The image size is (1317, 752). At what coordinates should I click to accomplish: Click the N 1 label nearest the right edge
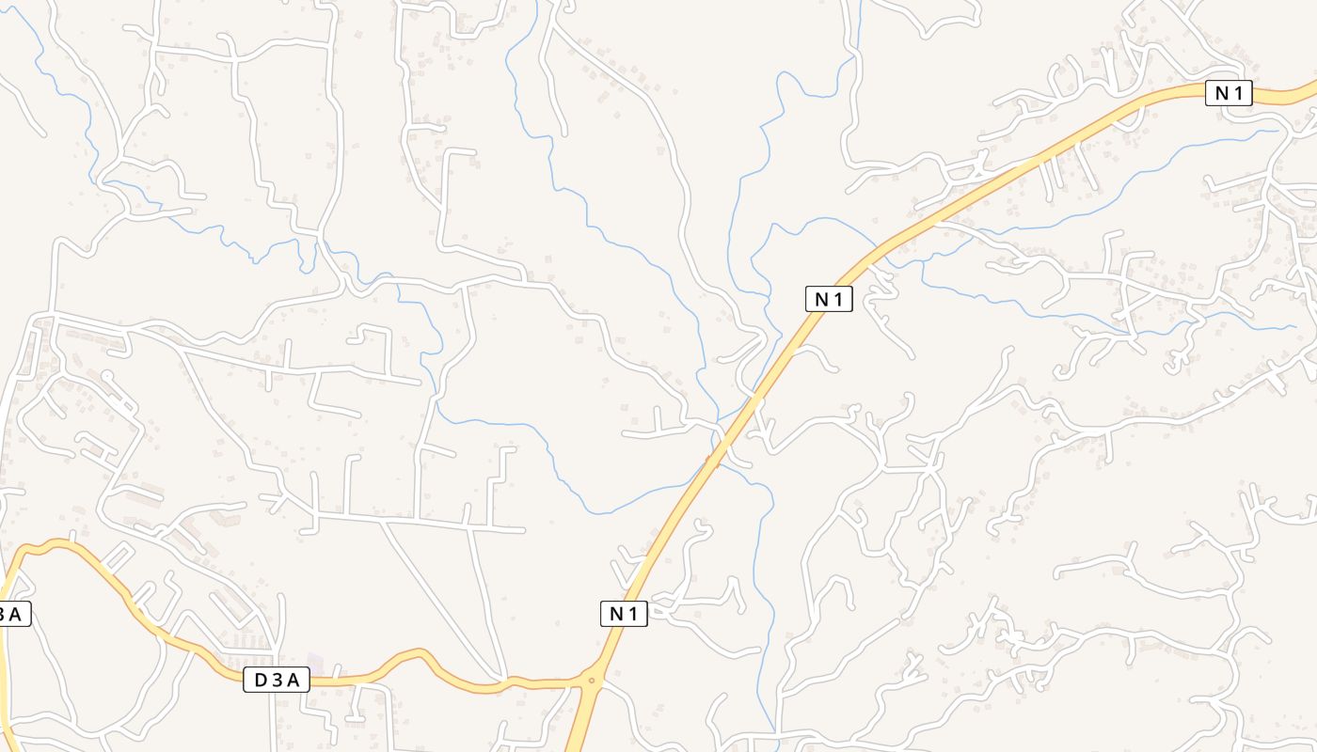[1229, 93]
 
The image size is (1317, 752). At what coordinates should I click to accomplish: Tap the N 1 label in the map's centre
[829, 299]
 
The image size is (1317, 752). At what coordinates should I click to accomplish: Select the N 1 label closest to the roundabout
[624, 614]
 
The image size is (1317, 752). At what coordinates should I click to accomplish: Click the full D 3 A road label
[277, 680]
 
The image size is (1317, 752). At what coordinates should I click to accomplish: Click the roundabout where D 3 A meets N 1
[592, 680]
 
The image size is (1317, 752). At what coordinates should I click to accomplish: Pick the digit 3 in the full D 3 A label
[277, 680]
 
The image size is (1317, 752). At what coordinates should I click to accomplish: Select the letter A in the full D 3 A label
[294, 680]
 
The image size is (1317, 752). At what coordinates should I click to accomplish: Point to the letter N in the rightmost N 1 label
[1221, 93]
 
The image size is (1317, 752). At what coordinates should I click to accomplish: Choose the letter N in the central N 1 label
[821, 299]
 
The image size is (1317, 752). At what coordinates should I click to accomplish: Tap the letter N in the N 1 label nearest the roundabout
[616, 614]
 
